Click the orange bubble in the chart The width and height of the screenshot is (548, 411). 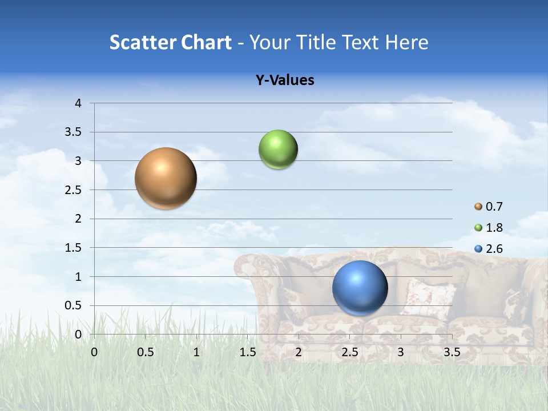(166, 178)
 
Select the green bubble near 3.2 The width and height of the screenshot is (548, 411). (278, 150)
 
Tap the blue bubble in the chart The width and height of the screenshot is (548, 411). (360, 288)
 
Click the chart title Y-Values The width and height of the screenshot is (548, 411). (285, 80)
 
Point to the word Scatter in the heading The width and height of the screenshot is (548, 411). (142, 42)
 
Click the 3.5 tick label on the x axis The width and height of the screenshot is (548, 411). (452, 352)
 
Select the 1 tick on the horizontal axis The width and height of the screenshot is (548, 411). (196, 352)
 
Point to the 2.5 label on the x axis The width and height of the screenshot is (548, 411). (349, 352)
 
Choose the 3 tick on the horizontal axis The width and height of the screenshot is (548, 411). (401, 352)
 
